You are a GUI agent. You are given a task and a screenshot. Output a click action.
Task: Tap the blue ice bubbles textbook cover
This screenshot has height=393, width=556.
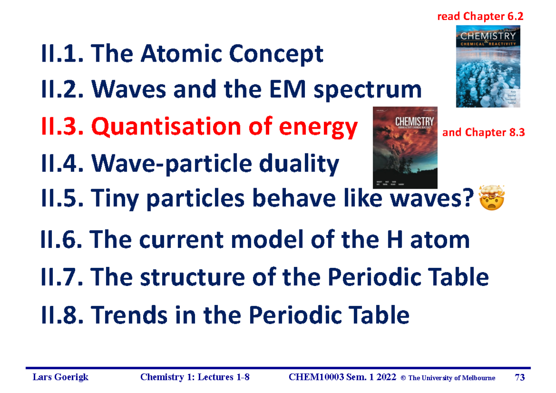tap(488, 66)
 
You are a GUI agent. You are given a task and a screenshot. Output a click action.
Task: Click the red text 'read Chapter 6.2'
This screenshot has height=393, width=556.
tap(480, 17)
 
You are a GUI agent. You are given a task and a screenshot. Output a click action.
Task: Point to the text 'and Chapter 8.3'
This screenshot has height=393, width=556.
tap(484, 133)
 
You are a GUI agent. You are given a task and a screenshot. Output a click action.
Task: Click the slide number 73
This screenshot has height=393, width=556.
tap(520, 378)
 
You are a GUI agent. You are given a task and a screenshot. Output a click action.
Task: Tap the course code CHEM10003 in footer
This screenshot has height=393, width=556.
tap(318, 378)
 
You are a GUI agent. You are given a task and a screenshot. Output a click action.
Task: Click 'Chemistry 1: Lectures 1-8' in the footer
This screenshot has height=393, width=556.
tap(195, 378)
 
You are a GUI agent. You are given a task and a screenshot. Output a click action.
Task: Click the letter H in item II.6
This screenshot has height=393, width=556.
tap(402, 240)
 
